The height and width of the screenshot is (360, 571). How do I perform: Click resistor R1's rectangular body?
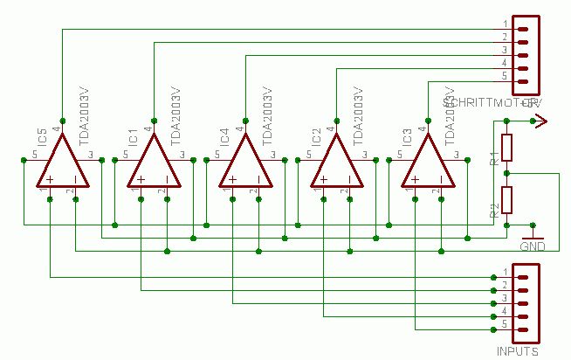pos(506,148)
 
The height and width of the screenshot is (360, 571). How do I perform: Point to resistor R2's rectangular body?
pos(506,200)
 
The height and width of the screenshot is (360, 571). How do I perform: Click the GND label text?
pos(532,246)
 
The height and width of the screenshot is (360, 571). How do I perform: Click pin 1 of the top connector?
pos(523,24)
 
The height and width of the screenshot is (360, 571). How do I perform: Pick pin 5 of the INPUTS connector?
pos(523,329)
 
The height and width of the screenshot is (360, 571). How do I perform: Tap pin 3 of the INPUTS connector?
pos(523,301)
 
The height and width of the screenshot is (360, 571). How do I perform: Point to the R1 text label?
pos(494,158)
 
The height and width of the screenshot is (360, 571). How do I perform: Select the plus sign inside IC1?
pos(141,179)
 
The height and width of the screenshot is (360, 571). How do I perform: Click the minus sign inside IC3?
pos(441,180)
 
